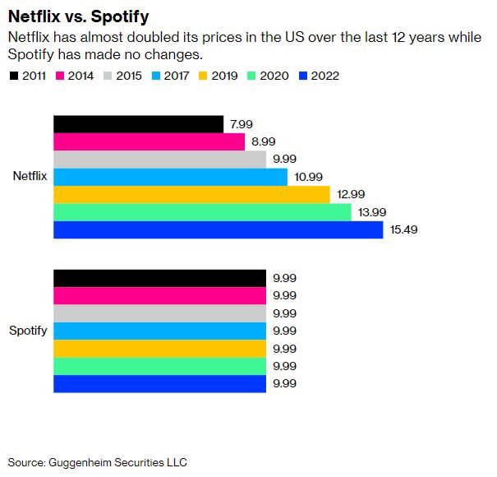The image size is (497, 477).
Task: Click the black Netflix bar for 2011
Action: pos(138,124)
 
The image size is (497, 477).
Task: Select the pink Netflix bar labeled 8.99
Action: pos(149,141)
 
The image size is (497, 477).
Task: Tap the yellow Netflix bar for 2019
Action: pos(191,195)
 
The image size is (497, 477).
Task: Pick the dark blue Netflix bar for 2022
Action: pos(218,229)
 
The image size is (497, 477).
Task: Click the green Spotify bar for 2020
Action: pos(159,366)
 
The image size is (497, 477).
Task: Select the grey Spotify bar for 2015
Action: pos(159,313)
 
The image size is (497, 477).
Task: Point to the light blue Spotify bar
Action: pos(159,331)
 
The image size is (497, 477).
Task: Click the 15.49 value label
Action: pos(403,229)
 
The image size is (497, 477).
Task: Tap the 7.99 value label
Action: pos(242,124)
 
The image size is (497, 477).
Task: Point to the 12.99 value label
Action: pos(351,194)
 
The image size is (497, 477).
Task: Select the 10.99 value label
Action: pos(308,177)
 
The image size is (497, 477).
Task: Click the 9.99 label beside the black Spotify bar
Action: pos(284,278)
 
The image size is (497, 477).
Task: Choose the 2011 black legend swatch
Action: pos(14,76)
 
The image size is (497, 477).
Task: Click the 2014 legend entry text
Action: pos(81,76)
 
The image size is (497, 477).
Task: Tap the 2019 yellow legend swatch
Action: pos(203,76)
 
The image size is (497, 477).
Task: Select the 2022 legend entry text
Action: pos(324,76)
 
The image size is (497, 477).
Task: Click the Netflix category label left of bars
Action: pos(30,176)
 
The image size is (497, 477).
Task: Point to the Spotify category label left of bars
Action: pos(28,331)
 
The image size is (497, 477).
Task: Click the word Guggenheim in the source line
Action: pos(80,463)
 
